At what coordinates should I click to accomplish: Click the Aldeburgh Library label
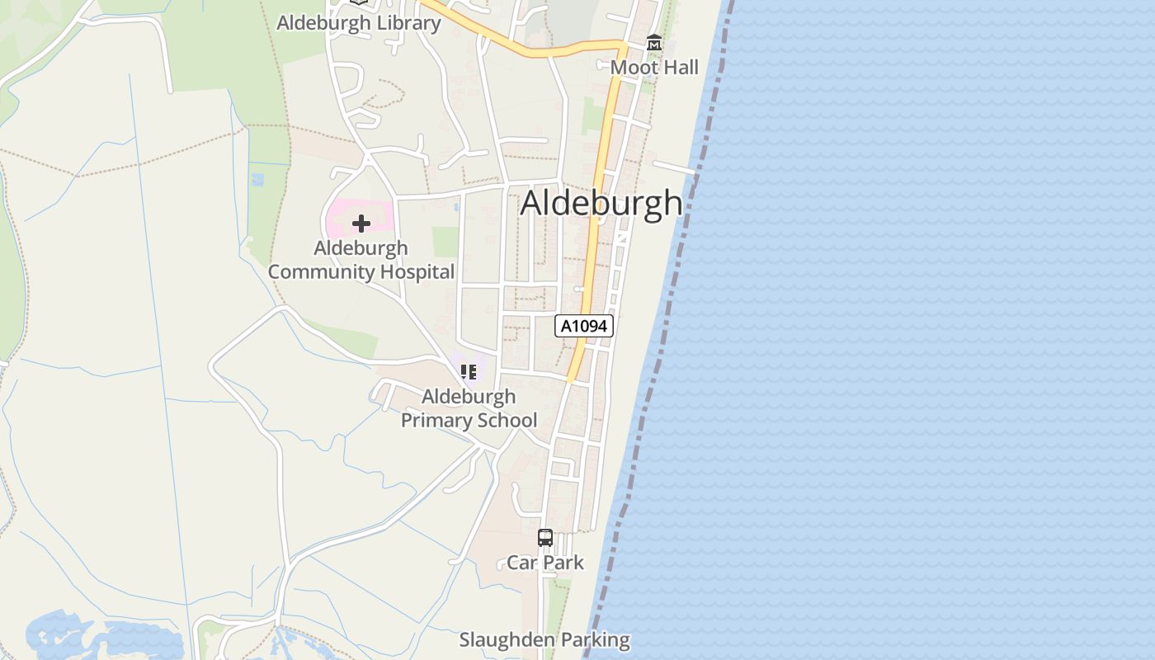coord(358,23)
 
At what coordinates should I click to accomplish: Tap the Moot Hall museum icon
coord(654,42)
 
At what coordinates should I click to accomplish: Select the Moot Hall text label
coord(654,68)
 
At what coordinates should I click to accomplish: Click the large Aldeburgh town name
coord(601,203)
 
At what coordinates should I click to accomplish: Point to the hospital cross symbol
coord(361,224)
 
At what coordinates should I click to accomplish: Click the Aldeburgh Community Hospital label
coord(361,260)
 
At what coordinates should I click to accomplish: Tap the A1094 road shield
coord(583,326)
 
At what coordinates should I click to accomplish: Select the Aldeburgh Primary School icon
coord(469,372)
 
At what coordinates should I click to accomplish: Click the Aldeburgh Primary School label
coord(469,408)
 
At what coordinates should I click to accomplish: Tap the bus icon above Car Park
coord(545,538)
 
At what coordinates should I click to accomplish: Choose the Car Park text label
coord(545,563)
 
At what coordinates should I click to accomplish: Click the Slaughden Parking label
coord(544,639)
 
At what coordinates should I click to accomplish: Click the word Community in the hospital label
coord(318,271)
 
